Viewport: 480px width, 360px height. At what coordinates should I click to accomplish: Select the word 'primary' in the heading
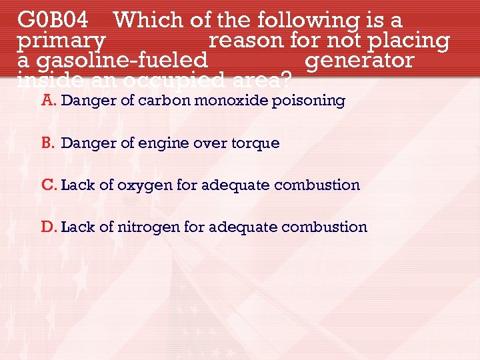(x=61, y=41)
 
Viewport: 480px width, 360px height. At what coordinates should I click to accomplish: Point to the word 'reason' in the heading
(x=246, y=40)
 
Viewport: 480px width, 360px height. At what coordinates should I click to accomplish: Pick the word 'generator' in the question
(x=359, y=61)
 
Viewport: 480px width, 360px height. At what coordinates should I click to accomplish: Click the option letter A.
(x=47, y=101)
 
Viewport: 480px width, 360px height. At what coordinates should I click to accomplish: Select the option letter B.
(x=47, y=143)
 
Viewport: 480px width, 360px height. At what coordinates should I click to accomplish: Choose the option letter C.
(x=49, y=185)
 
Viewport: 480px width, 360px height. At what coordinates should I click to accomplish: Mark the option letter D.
(x=49, y=227)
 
